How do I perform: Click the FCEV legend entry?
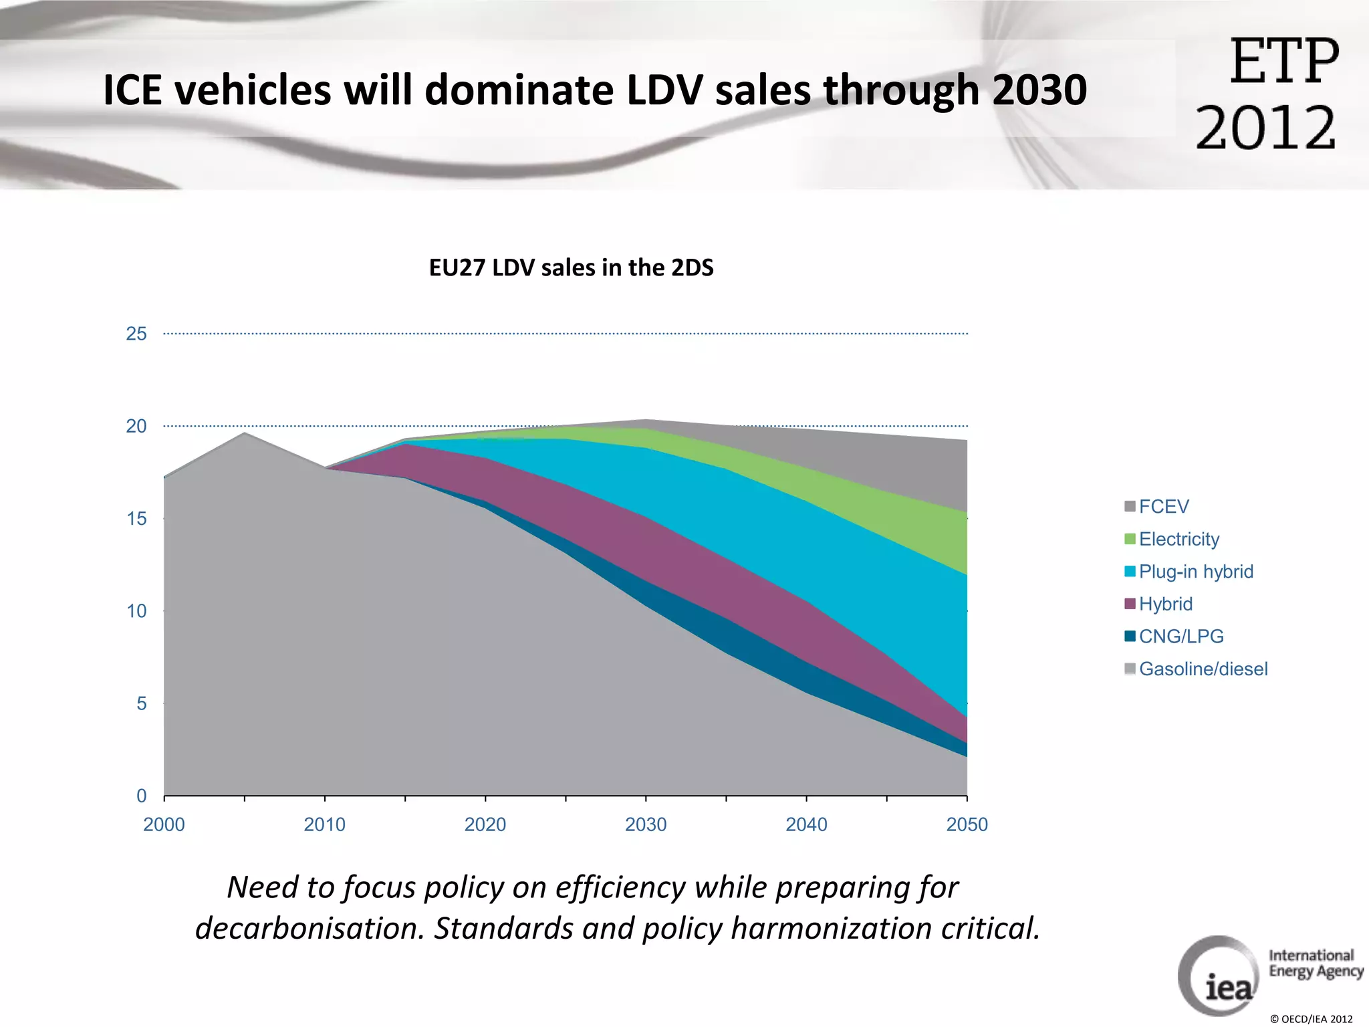pos(1163,506)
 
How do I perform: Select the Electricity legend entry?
pos(1178,539)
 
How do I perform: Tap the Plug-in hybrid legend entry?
pos(1195,572)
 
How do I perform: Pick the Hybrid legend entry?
pos(1165,604)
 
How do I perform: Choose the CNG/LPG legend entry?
pos(1180,637)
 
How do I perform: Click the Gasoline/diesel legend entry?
pos(1203,669)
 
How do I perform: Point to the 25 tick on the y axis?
pos(136,334)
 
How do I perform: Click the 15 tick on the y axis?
pos(136,518)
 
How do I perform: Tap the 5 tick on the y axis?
pos(141,703)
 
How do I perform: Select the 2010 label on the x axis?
pos(324,824)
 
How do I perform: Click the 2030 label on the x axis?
pos(646,824)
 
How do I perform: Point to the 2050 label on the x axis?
pos(967,824)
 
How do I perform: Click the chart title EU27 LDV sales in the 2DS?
pos(571,267)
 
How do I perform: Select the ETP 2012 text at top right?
pos(1267,94)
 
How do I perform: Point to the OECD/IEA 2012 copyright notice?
pos(1311,1019)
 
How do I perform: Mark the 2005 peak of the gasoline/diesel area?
pos(245,433)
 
